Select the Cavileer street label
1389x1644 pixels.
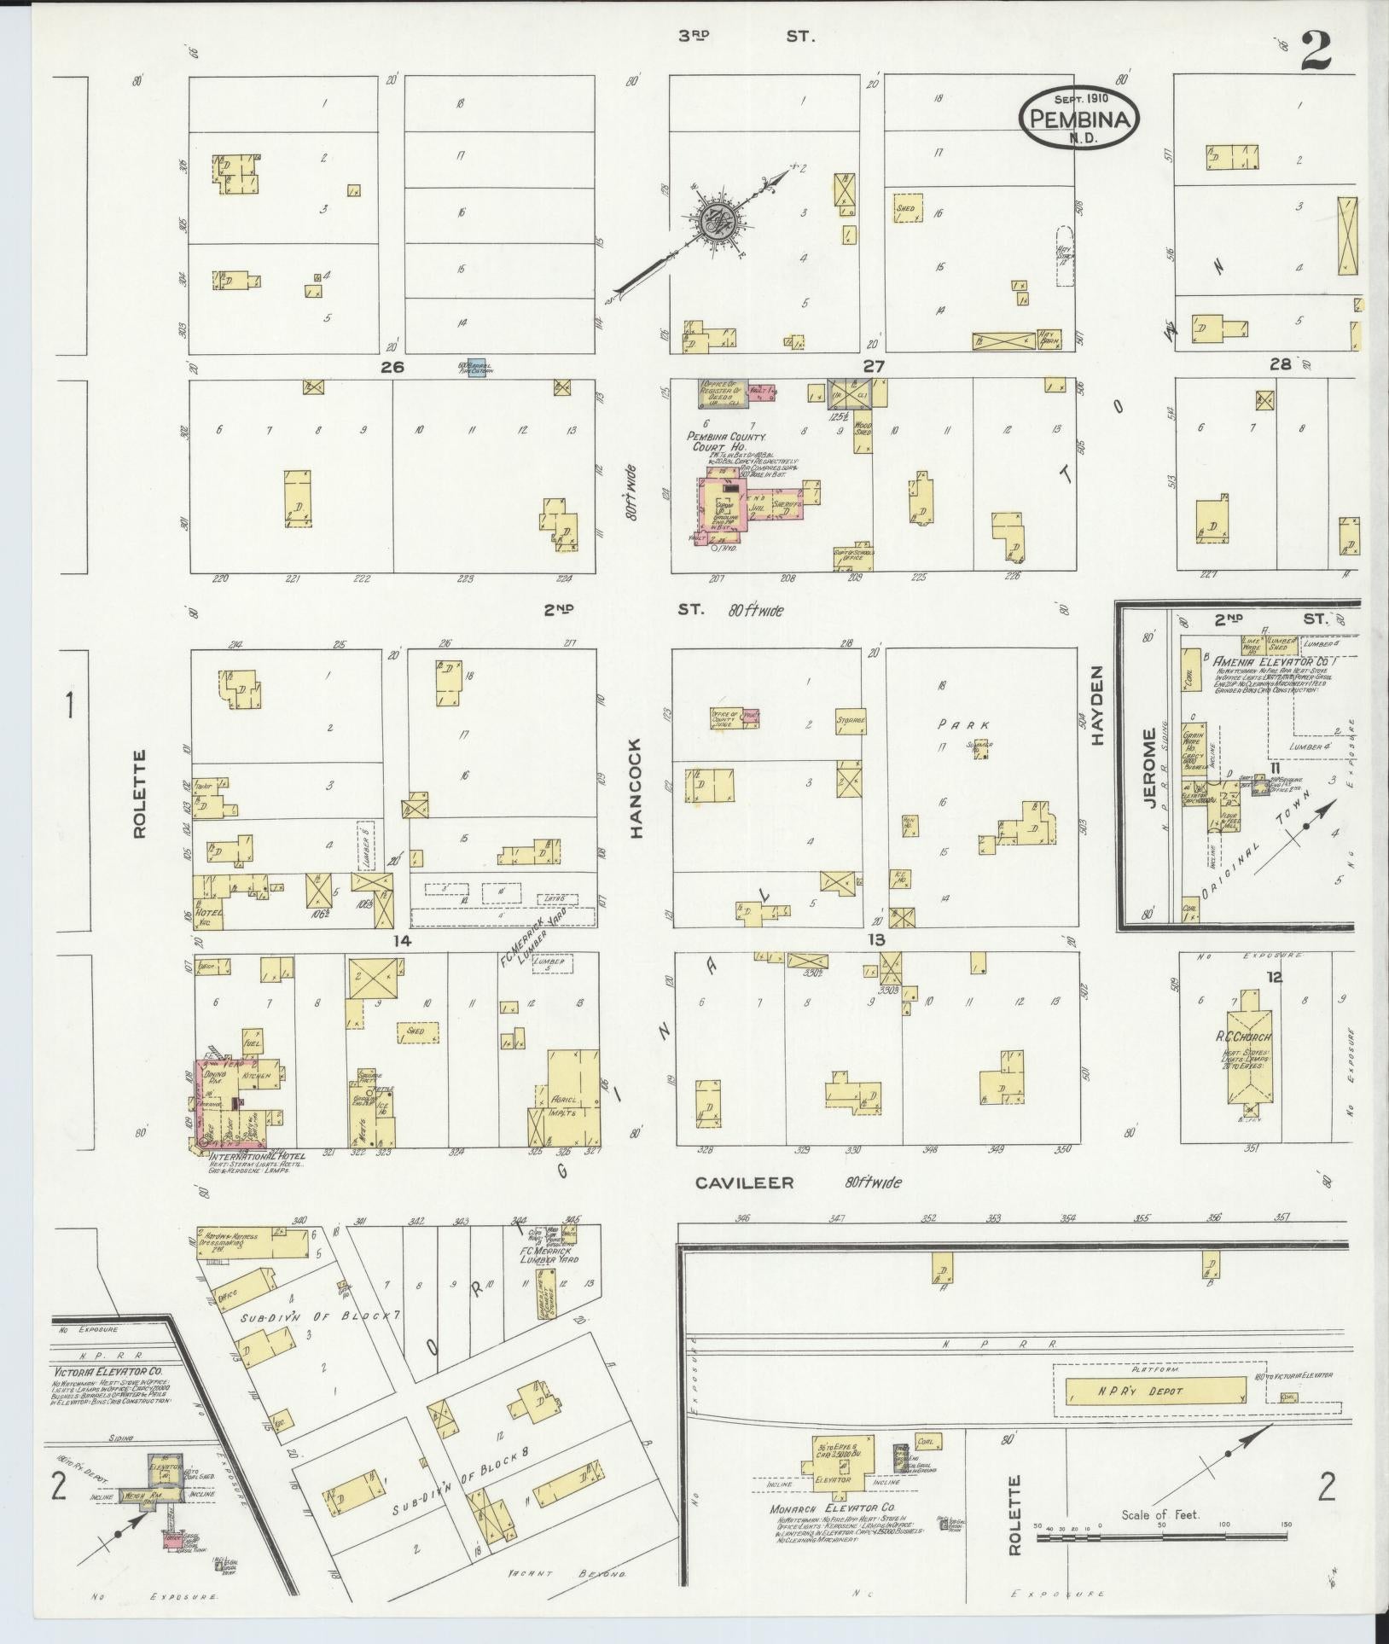744,1183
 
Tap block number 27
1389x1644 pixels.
874,366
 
